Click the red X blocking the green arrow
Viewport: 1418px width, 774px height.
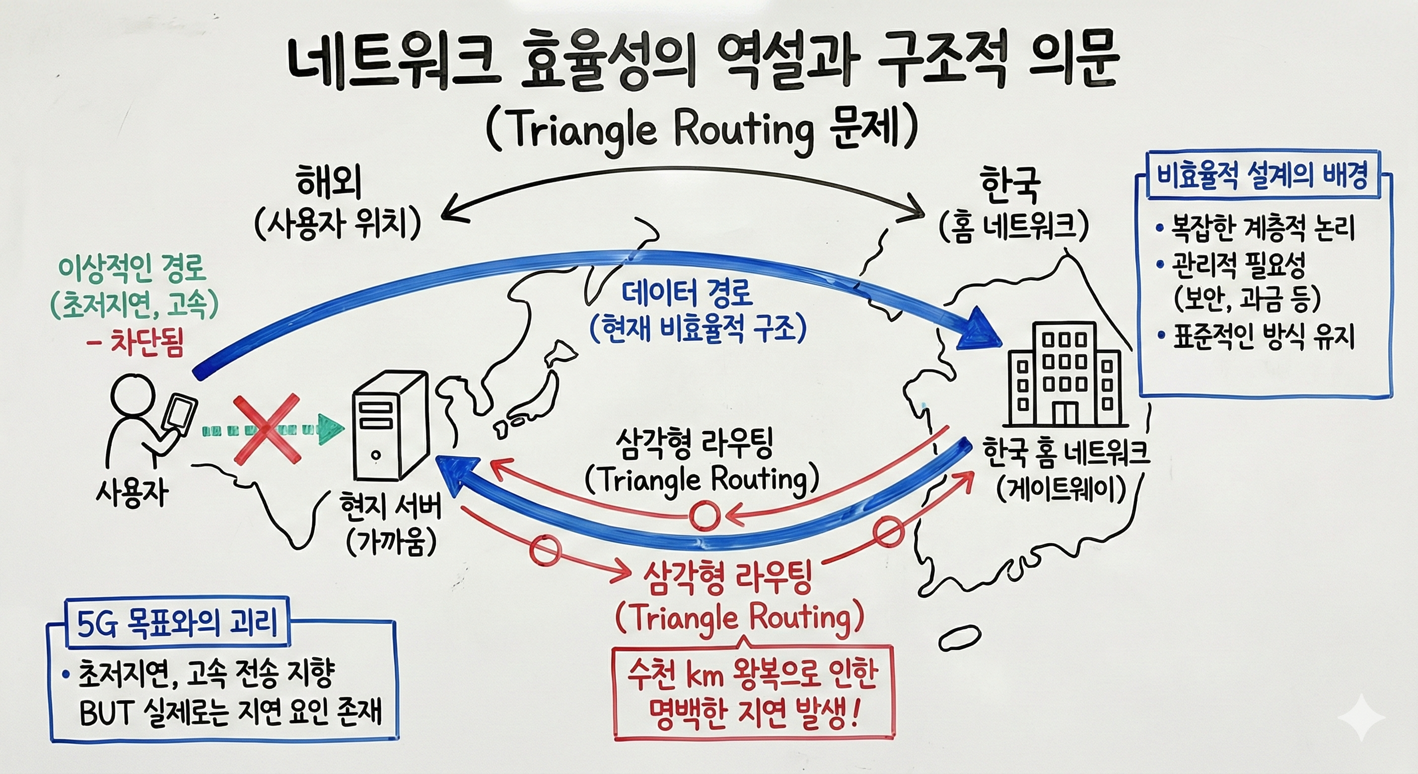pyautogui.click(x=267, y=429)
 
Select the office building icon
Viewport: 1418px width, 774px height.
pyautogui.click(x=1063, y=374)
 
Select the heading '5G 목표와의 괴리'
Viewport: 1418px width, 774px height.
pyautogui.click(x=177, y=625)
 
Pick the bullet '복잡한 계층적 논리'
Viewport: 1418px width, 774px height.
pyautogui.click(x=1262, y=228)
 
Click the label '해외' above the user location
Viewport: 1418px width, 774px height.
pyautogui.click(x=329, y=183)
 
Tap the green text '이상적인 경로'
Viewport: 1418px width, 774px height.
pyautogui.click(x=132, y=268)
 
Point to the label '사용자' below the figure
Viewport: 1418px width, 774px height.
pyautogui.click(x=132, y=494)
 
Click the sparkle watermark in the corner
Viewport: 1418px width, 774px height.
pyautogui.click(x=1361, y=717)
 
